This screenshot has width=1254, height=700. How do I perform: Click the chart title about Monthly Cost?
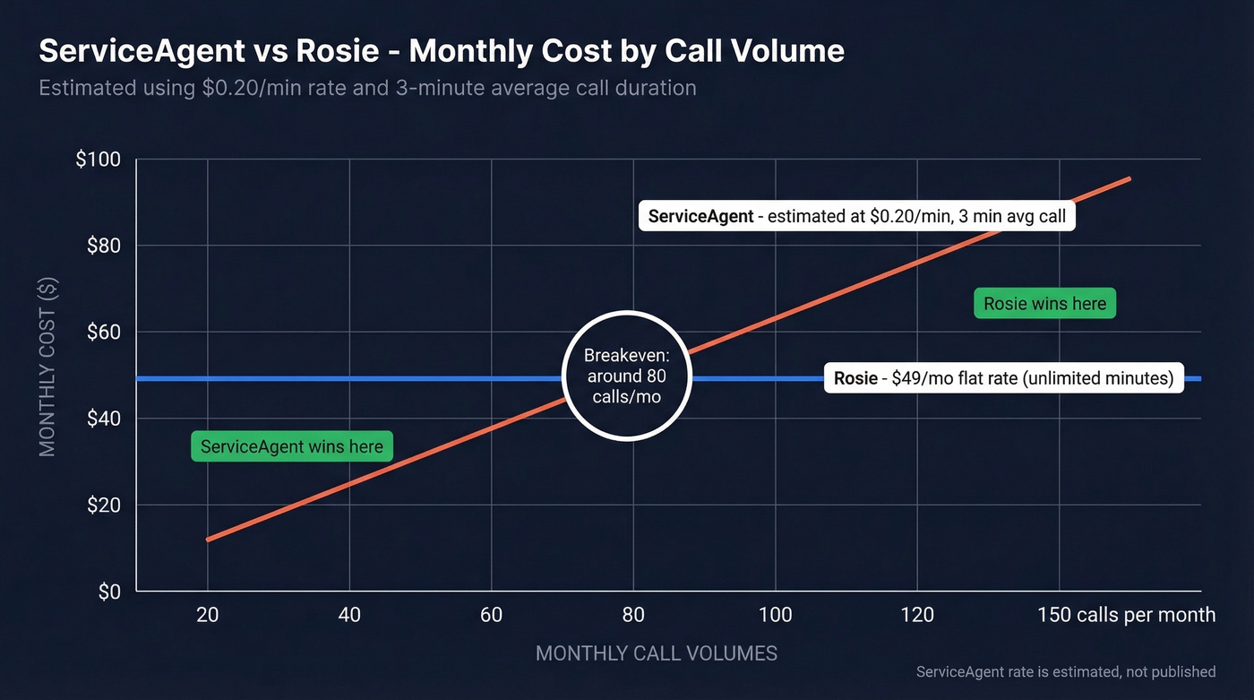click(441, 50)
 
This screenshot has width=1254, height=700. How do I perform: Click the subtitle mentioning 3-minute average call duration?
click(367, 89)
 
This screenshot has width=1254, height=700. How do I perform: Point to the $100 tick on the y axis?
click(99, 160)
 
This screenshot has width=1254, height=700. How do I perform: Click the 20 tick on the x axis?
click(208, 615)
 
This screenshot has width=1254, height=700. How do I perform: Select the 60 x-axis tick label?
click(492, 615)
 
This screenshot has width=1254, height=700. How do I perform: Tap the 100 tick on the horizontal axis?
click(775, 615)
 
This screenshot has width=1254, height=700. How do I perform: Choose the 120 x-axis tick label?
click(917, 615)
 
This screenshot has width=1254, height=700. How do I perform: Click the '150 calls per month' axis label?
click(1127, 615)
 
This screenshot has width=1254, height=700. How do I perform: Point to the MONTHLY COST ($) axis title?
click(48, 367)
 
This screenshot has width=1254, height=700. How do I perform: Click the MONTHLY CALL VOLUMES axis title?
click(657, 653)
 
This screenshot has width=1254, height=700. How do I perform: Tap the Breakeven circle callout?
click(627, 376)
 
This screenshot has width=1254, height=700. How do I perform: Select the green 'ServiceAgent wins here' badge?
click(292, 446)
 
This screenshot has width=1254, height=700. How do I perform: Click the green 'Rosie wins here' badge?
click(1044, 304)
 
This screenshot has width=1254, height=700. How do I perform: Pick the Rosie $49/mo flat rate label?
click(1003, 378)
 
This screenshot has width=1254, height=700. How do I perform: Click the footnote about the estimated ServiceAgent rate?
click(1066, 672)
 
